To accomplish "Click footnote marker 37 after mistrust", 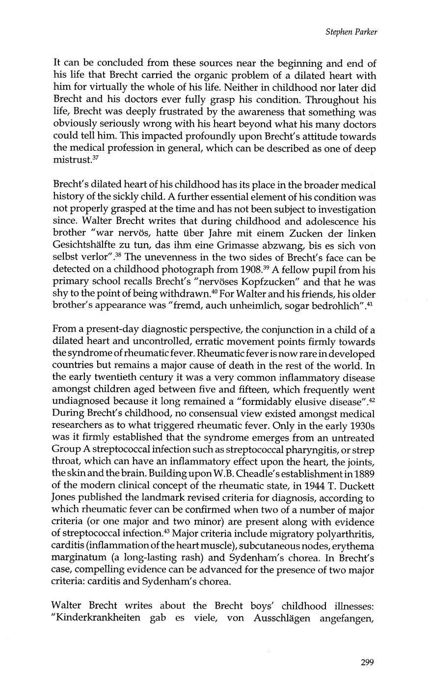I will (89, 158).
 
